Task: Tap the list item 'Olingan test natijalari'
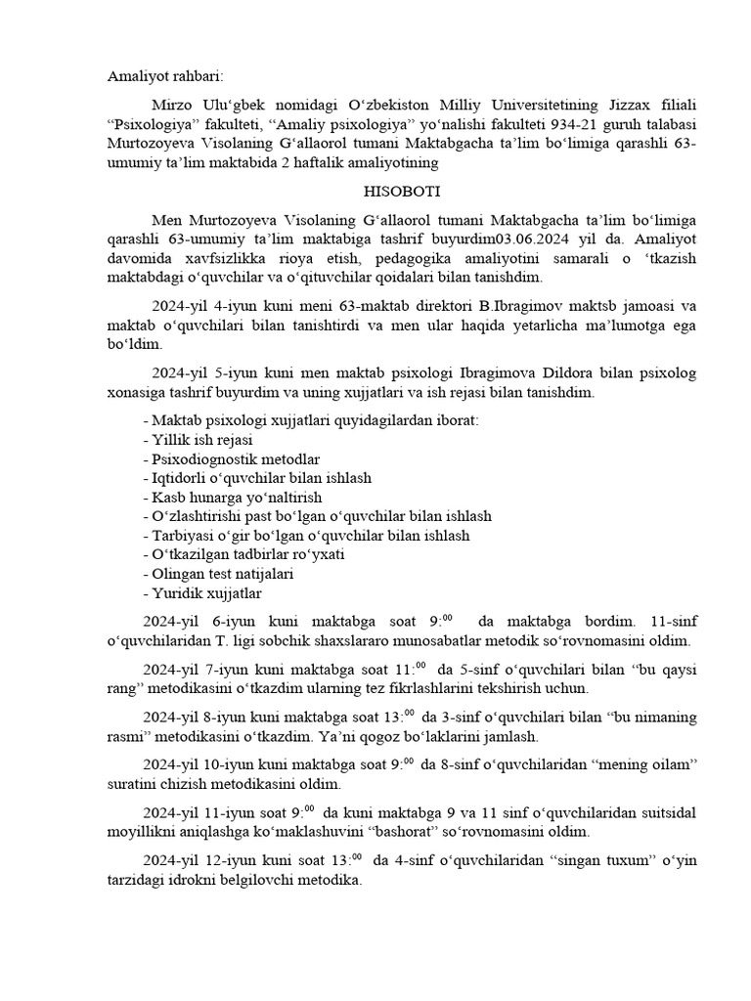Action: [x=217, y=574]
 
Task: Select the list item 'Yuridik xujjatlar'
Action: [x=201, y=593]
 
